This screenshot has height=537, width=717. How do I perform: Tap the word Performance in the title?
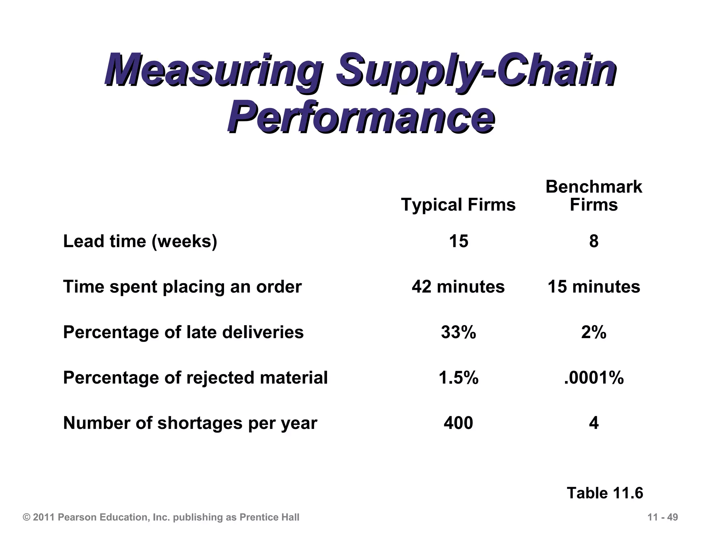[x=361, y=117]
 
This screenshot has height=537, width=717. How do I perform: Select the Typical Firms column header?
[x=458, y=205]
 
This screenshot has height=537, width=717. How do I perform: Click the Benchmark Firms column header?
[x=594, y=196]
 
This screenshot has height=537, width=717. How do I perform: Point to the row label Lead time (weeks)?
[x=140, y=241]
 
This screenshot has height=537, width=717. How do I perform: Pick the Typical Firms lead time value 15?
[x=459, y=241]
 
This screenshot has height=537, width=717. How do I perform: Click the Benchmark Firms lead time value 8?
[x=594, y=241]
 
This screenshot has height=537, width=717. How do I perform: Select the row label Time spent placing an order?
[x=182, y=287]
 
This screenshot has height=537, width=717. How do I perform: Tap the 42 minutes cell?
[x=458, y=287]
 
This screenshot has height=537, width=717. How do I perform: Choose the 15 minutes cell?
[x=594, y=287]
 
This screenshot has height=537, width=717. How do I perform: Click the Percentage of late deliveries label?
[x=183, y=332]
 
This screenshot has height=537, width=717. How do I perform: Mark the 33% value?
[x=459, y=332]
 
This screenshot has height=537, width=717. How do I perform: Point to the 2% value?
[x=594, y=332]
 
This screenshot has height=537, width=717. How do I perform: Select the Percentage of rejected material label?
[x=195, y=378]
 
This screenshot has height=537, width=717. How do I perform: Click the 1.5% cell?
[x=459, y=378]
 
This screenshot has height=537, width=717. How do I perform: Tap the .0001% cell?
[x=594, y=378]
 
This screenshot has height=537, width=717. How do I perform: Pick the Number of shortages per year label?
[x=190, y=423]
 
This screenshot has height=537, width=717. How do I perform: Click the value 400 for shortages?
[x=459, y=423]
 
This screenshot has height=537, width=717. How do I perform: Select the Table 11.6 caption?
[x=605, y=493]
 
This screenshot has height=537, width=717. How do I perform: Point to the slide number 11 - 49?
[x=663, y=517]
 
